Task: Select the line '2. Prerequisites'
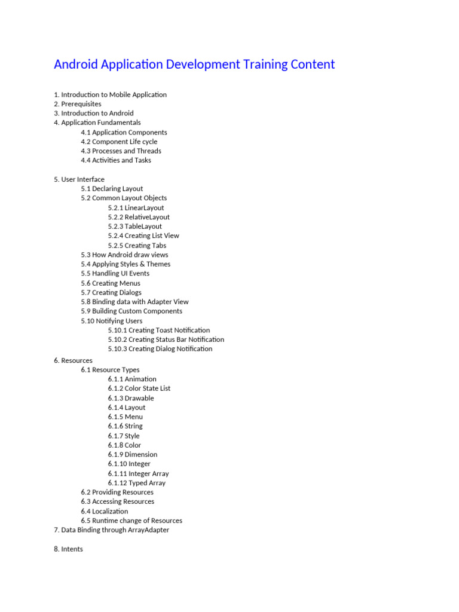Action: [78, 104]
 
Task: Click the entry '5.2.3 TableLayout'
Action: [135, 227]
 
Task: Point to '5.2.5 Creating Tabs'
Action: [137, 246]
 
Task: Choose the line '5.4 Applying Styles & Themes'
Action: [126, 264]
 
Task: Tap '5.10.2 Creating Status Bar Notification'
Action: [166, 339]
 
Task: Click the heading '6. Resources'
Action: [74, 360]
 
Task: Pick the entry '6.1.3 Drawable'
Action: [131, 398]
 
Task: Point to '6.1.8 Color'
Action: [125, 445]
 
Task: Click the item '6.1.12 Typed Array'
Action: [137, 483]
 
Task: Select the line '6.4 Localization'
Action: [105, 511]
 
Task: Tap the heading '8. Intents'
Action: [69, 549]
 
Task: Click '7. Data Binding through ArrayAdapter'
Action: [112, 530]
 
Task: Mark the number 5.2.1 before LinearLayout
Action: [115, 208]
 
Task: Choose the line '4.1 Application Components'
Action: [124, 133]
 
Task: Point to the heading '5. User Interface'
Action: [79, 179]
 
